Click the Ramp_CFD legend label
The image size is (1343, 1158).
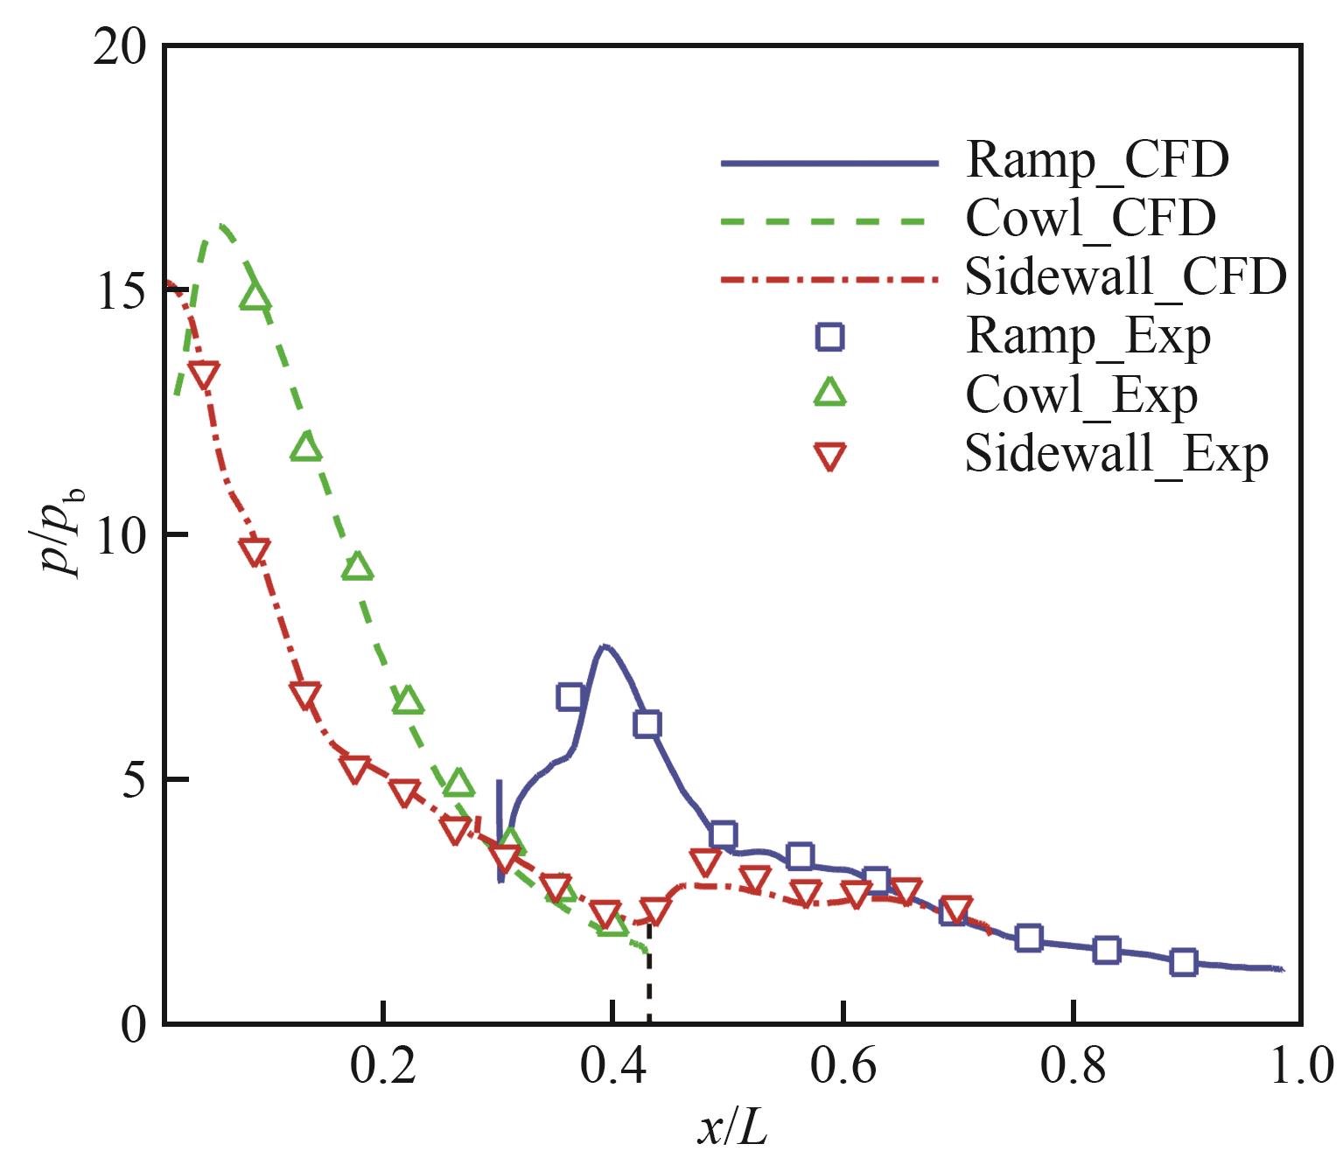click(1097, 161)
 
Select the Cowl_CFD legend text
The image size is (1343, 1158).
click(1090, 219)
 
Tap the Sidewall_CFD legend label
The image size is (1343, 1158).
click(1125, 277)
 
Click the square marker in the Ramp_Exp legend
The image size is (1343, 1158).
click(829, 337)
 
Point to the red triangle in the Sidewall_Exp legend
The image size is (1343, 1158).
click(829, 457)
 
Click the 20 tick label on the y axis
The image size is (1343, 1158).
click(120, 47)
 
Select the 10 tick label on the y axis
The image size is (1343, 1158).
click(120, 535)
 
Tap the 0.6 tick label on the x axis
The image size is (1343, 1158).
click(843, 1067)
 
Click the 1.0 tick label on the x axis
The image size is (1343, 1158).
click(1301, 1067)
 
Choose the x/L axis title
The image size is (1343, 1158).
click(732, 1128)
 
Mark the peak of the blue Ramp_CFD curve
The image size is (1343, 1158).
click(605, 647)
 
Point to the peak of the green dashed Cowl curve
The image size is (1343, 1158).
click(222, 226)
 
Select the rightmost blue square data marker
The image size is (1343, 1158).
click(1183, 962)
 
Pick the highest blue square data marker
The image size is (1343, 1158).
click(570, 697)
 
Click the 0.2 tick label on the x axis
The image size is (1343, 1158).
click(383, 1067)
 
